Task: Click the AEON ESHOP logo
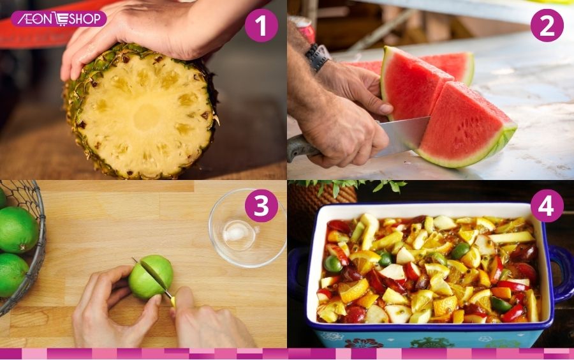[x=59, y=19]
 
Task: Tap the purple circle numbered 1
[x=261, y=26]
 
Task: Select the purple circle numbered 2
[x=547, y=26]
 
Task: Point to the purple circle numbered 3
[x=261, y=206]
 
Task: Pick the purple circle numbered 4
[x=547, y=206]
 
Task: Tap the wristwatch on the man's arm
[x=317, y=57]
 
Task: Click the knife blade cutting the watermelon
[x=402, y=136]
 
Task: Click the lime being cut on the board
[x=151, y=277]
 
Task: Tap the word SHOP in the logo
[x=85, y=19]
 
